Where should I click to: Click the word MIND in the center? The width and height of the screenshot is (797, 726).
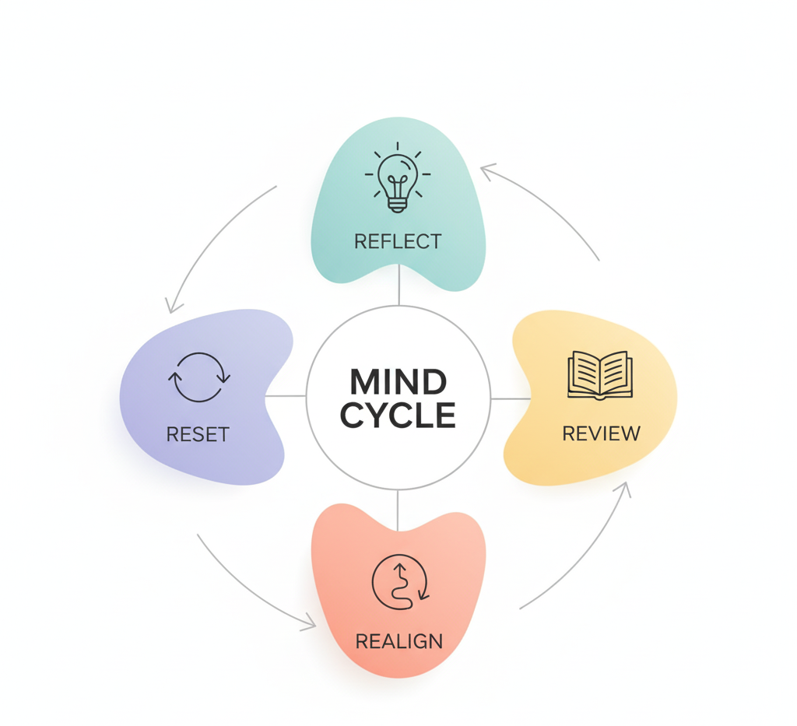(398, 382)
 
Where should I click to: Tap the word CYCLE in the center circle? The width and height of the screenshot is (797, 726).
(398, 416)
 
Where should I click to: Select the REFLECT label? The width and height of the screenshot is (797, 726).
(398, 241)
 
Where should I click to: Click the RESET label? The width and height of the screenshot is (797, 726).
(198, 433)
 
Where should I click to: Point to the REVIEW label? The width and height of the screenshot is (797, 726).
(601, 433)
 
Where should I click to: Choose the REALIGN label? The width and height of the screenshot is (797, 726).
(398, 642)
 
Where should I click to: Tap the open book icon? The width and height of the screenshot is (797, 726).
(600, 376)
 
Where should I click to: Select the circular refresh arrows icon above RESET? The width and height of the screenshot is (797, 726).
(198, 377)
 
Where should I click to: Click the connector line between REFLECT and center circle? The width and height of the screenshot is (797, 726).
(398, 285)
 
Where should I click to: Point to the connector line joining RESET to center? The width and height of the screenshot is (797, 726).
(286, 396)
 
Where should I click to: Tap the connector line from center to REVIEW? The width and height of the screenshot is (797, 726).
(511, 398)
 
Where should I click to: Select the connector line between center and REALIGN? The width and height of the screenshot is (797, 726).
(397, 511)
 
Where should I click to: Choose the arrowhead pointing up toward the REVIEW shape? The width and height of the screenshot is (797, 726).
(624, 489)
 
